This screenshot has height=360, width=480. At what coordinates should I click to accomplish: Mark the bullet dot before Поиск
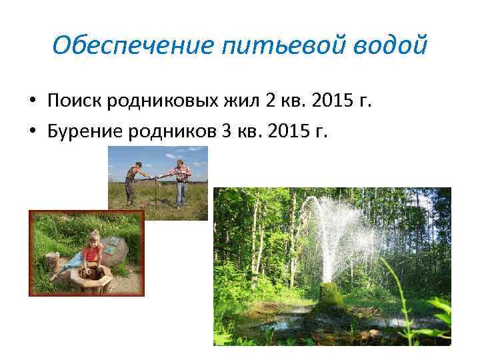click(x=32, y=102)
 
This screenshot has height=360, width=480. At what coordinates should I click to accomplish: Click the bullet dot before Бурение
click(x=32, y=130)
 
